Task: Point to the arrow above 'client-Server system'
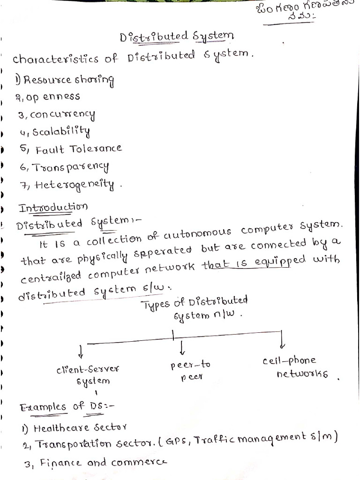coord(81,350)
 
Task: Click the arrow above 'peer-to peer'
coord(182,347)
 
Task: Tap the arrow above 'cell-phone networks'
coord(282,340)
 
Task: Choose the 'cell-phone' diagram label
coord(289,361)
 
